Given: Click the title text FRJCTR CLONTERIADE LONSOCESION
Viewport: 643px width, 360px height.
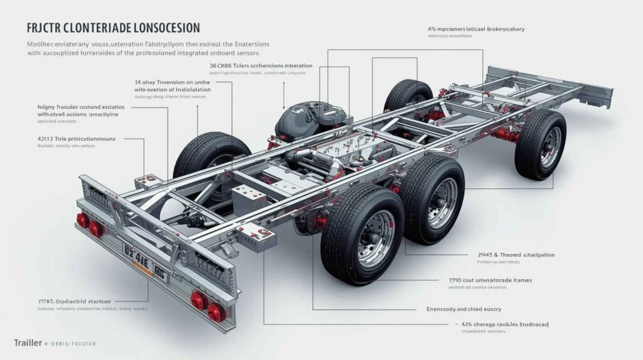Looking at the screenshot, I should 114,28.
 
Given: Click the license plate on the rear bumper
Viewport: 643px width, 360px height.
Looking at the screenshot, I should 144,263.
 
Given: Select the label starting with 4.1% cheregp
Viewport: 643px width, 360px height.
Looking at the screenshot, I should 509,324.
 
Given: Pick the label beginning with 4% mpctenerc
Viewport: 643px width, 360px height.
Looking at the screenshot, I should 475,29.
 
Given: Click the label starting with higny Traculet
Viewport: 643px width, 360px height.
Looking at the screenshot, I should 81,107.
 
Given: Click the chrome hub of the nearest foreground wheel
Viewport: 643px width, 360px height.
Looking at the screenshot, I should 375,239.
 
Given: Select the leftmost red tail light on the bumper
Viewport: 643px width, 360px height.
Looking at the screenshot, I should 82,220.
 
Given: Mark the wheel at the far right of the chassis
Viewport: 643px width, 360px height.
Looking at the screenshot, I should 541,145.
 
